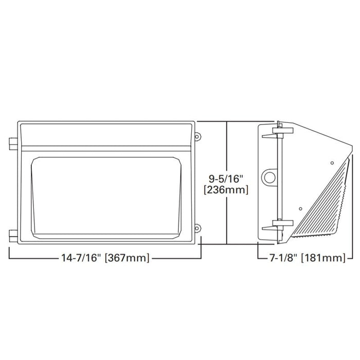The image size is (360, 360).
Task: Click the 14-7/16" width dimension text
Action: pyautogui.click(x=79, y=258)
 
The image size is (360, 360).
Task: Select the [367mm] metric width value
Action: pyautogui.click(x=127, y=258)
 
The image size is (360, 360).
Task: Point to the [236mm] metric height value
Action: pyautogui.click(x=227, y=190)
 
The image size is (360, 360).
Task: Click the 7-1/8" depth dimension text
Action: pyautogui.click(x=281, y=258)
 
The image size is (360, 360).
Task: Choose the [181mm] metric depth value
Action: pyautogui.click(x=323, y=258)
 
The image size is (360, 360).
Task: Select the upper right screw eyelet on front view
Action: pyautogui.click(x=198, y=136)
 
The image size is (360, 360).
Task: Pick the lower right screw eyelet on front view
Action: pyautogui.click(x=198, y=227)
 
